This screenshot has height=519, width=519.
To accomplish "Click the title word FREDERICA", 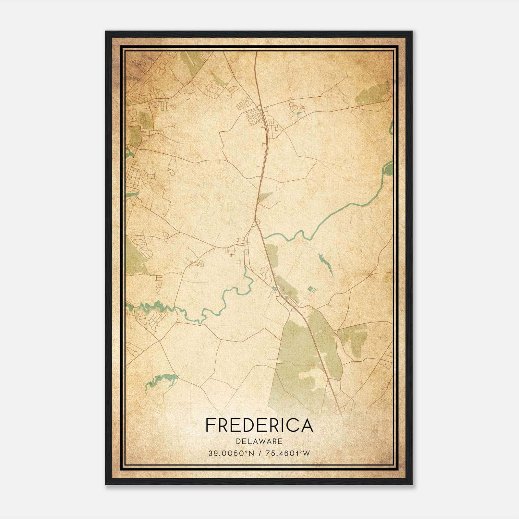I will (259, 425).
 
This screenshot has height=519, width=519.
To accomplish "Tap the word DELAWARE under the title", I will (259, 441).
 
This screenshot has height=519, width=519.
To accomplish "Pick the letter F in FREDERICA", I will (210, 425).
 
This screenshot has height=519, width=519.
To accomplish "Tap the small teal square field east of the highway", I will (310, 288).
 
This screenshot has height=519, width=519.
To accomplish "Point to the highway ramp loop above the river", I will (257, 223).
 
